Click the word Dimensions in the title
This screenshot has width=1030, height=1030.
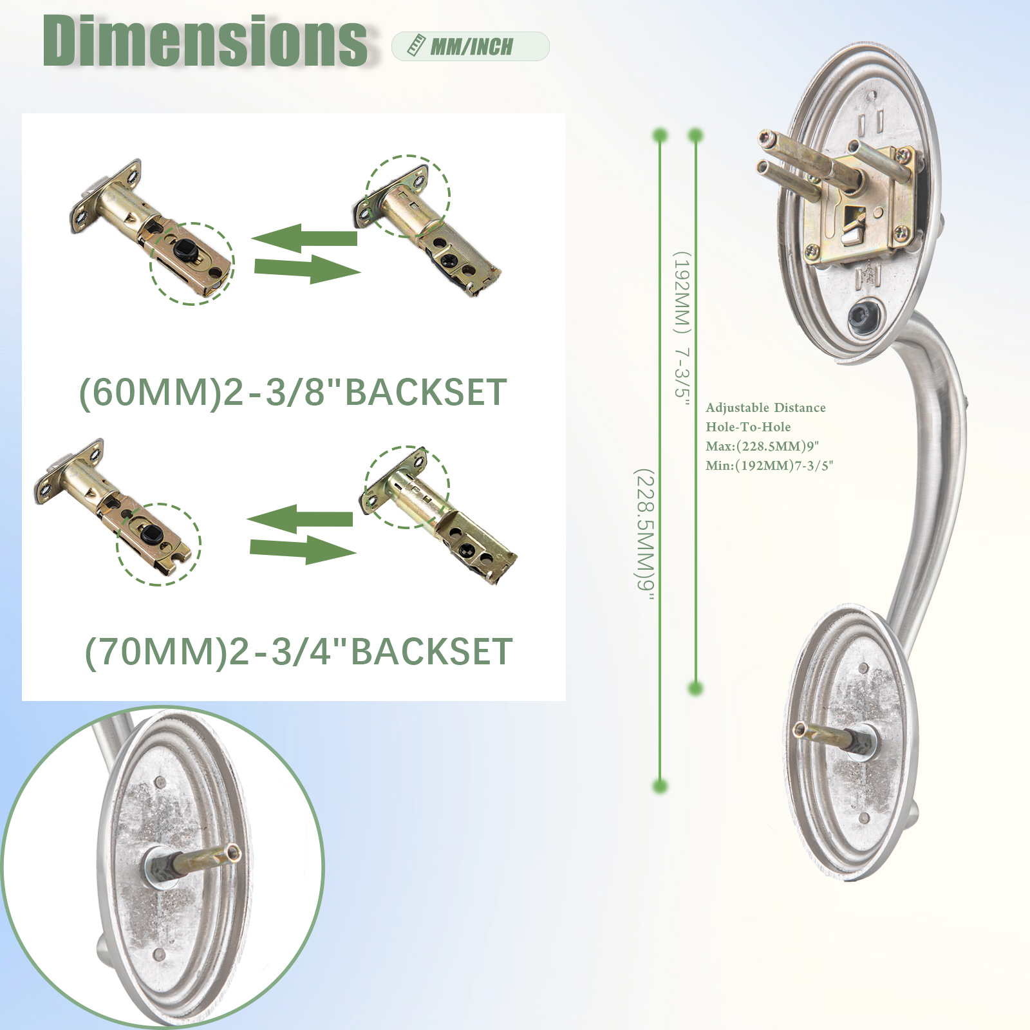pyautogui.click(x=205, y=41)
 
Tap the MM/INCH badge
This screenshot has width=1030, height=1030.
pyautogui.click(x=471, y=46)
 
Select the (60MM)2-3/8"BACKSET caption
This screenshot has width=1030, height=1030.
pyautogui.click(x=293, y=392)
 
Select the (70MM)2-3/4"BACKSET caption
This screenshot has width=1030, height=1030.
pyautogui.click(x=299, y=651)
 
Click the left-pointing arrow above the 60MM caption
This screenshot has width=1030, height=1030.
pyautogui.click(x=304, y=238)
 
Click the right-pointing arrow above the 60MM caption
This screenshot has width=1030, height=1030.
pyautogui.click(x=307, y=268)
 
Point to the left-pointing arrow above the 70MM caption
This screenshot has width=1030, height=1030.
pyautogui.click(x=300, y=519)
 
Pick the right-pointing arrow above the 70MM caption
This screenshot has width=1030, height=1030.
pyautogui.click(x=303, y=549)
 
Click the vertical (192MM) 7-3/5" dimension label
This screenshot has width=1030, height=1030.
pyautogui.click(x=682, y=329)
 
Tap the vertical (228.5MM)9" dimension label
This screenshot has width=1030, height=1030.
pyautogui.click(x=644, y=534)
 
